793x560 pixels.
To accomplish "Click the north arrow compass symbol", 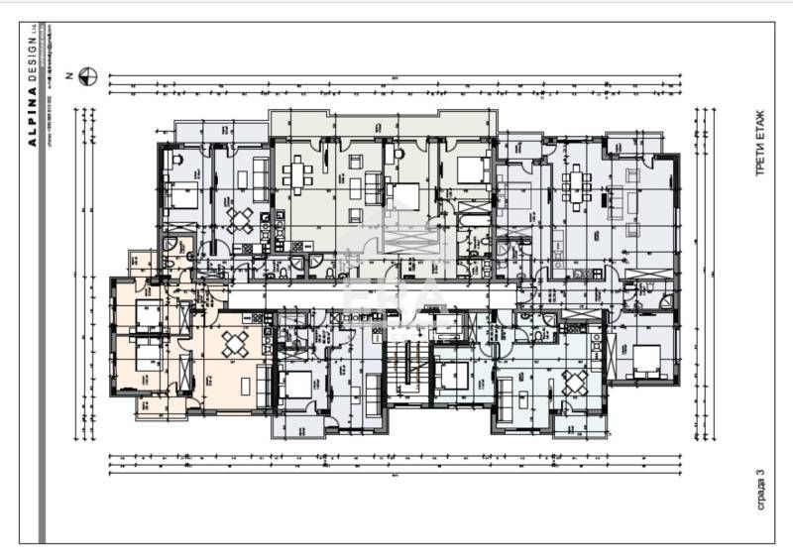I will click(x=88, y=74).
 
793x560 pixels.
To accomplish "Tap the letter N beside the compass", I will click(x=68, y=74).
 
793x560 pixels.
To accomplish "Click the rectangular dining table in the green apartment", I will click(x=297, y=174).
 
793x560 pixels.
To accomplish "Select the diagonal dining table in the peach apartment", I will click(x=235, y=345).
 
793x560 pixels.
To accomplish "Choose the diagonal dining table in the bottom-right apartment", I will click(x=573, y=382).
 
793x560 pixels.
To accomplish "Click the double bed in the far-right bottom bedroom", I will click(x=647, y=360).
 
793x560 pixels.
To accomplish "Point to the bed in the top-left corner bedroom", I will click(x=183, y=196).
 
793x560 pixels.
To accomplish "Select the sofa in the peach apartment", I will click(x=263, y=385).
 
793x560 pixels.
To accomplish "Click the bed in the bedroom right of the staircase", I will click(x=455, y=376).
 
